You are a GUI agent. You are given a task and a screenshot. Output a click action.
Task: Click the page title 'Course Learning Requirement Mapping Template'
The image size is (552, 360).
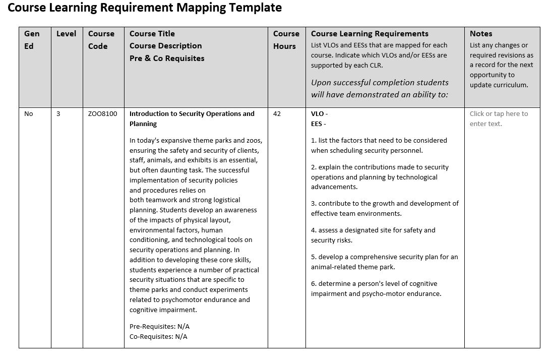tap(145, 8)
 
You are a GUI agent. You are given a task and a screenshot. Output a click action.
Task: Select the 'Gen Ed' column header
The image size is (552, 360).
tap(31, 40)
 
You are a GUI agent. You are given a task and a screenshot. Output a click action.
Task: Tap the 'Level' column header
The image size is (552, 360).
tap(66, 34)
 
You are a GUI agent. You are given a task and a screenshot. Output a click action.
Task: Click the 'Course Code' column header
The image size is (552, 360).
tap(101, 40)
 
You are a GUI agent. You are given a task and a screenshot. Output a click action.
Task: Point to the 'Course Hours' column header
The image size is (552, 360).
tap(286, 40)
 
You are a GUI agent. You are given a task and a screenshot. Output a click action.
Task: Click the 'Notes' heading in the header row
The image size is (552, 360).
tap(480, 34)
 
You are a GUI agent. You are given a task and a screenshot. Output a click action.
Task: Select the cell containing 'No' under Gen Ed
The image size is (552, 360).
tap(29, 114)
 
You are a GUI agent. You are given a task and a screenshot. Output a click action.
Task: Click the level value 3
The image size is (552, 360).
tap(58, 114)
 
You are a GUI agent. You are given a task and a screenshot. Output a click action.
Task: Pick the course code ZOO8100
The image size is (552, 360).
tap(102, 114)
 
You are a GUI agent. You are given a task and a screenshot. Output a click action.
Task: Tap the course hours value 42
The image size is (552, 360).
tap(277, 114)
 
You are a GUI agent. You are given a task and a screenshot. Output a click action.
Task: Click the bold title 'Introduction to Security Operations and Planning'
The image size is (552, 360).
tap(192, 118)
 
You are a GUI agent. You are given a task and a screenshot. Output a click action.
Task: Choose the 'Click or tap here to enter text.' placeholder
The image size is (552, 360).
tap(499, 118)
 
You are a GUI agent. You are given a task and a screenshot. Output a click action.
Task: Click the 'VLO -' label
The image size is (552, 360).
tap(319, 114)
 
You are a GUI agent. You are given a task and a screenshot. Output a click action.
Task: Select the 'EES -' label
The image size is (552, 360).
tap(318, 124)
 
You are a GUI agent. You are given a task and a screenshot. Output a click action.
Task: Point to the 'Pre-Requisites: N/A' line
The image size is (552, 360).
tap(159, 327)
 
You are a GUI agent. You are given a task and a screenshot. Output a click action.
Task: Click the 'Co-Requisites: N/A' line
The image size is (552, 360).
tap(158, 337)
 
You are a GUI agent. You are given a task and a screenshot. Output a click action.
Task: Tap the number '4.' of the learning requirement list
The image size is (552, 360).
tap(314, 230)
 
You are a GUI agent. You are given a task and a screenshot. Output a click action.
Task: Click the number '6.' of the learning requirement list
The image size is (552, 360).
tap(314, 284)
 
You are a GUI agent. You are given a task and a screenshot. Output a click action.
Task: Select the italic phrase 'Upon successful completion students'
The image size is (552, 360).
tap(380, 83)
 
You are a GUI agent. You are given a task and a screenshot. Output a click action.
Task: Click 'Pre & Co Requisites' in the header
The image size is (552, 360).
tap(167, 58)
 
